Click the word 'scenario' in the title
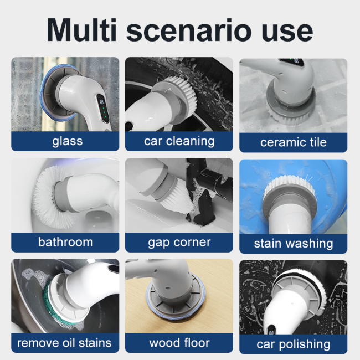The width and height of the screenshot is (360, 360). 197,30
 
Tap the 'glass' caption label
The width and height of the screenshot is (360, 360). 67,141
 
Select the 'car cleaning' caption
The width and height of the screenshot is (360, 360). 179,141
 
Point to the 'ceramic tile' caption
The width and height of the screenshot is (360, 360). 293,142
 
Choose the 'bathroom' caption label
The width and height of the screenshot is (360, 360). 65,242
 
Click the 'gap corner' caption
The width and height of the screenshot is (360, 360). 179,243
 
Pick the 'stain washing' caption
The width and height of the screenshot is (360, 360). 293,243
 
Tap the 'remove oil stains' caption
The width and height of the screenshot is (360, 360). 64,342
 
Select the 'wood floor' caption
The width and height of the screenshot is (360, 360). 179,343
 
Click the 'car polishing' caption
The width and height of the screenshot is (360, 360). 293,344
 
